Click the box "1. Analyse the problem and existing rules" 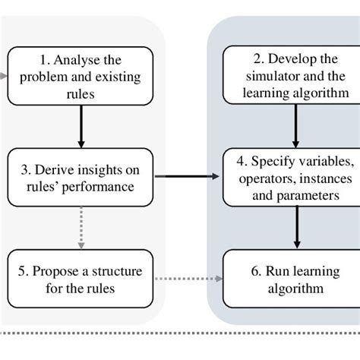80,76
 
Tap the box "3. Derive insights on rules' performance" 80,176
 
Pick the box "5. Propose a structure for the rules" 80,279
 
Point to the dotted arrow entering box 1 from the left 5,76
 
